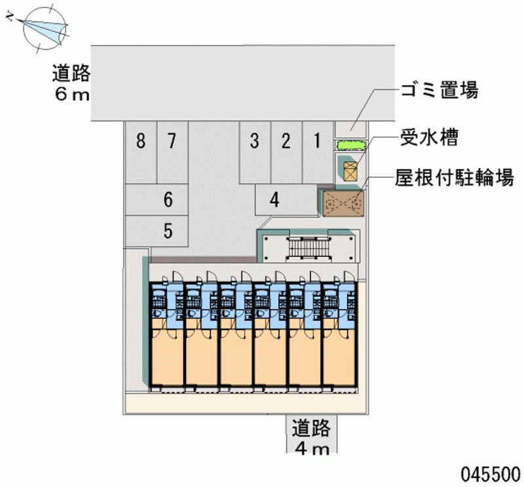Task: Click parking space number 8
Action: (141, 152)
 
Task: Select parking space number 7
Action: (172, 152)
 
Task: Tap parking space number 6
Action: (157, 199)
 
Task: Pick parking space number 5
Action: (157, 231)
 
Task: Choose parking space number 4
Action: (286, 200)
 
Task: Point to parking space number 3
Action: (255, 152)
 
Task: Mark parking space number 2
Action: (286, 152)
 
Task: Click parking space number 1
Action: (318, 152)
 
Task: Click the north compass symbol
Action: (40, 28)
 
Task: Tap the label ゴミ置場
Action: (440, 90)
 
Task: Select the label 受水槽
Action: (429, 138)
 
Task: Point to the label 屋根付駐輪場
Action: (454, 177)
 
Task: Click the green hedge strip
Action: (351, 145)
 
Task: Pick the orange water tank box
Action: (350, 171)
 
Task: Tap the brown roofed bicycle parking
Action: (343, 204)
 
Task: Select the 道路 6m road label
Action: (71, 83)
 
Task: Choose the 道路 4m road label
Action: (312, 436)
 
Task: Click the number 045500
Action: (491, 474)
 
